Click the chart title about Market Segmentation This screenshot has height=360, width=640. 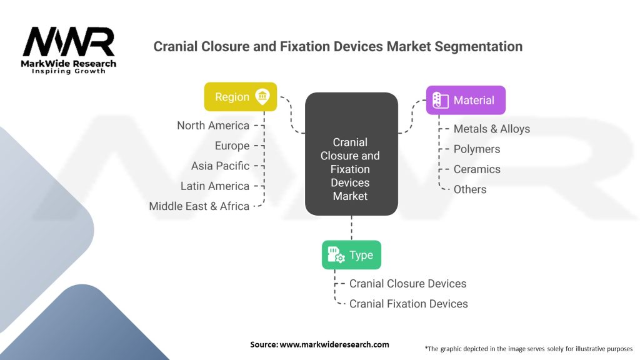337,46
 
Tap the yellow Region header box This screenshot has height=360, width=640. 240,97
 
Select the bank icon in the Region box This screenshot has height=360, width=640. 262,96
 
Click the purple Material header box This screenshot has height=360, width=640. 466,100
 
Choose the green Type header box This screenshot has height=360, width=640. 351,255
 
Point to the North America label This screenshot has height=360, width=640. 213,126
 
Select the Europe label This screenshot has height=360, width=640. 232,146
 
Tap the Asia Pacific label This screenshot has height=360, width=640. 220,166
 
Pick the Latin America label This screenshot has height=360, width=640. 214,186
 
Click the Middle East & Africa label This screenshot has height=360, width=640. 199,206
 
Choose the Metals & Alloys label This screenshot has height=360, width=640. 491,129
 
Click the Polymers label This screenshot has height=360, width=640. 476,149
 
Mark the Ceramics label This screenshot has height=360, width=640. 477,169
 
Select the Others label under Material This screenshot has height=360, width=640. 469,189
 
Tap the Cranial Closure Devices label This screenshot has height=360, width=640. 407,283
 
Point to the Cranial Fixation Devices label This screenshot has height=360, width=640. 408,303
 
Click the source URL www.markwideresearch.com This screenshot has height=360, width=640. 334,344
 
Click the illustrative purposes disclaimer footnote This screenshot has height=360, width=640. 528,348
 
